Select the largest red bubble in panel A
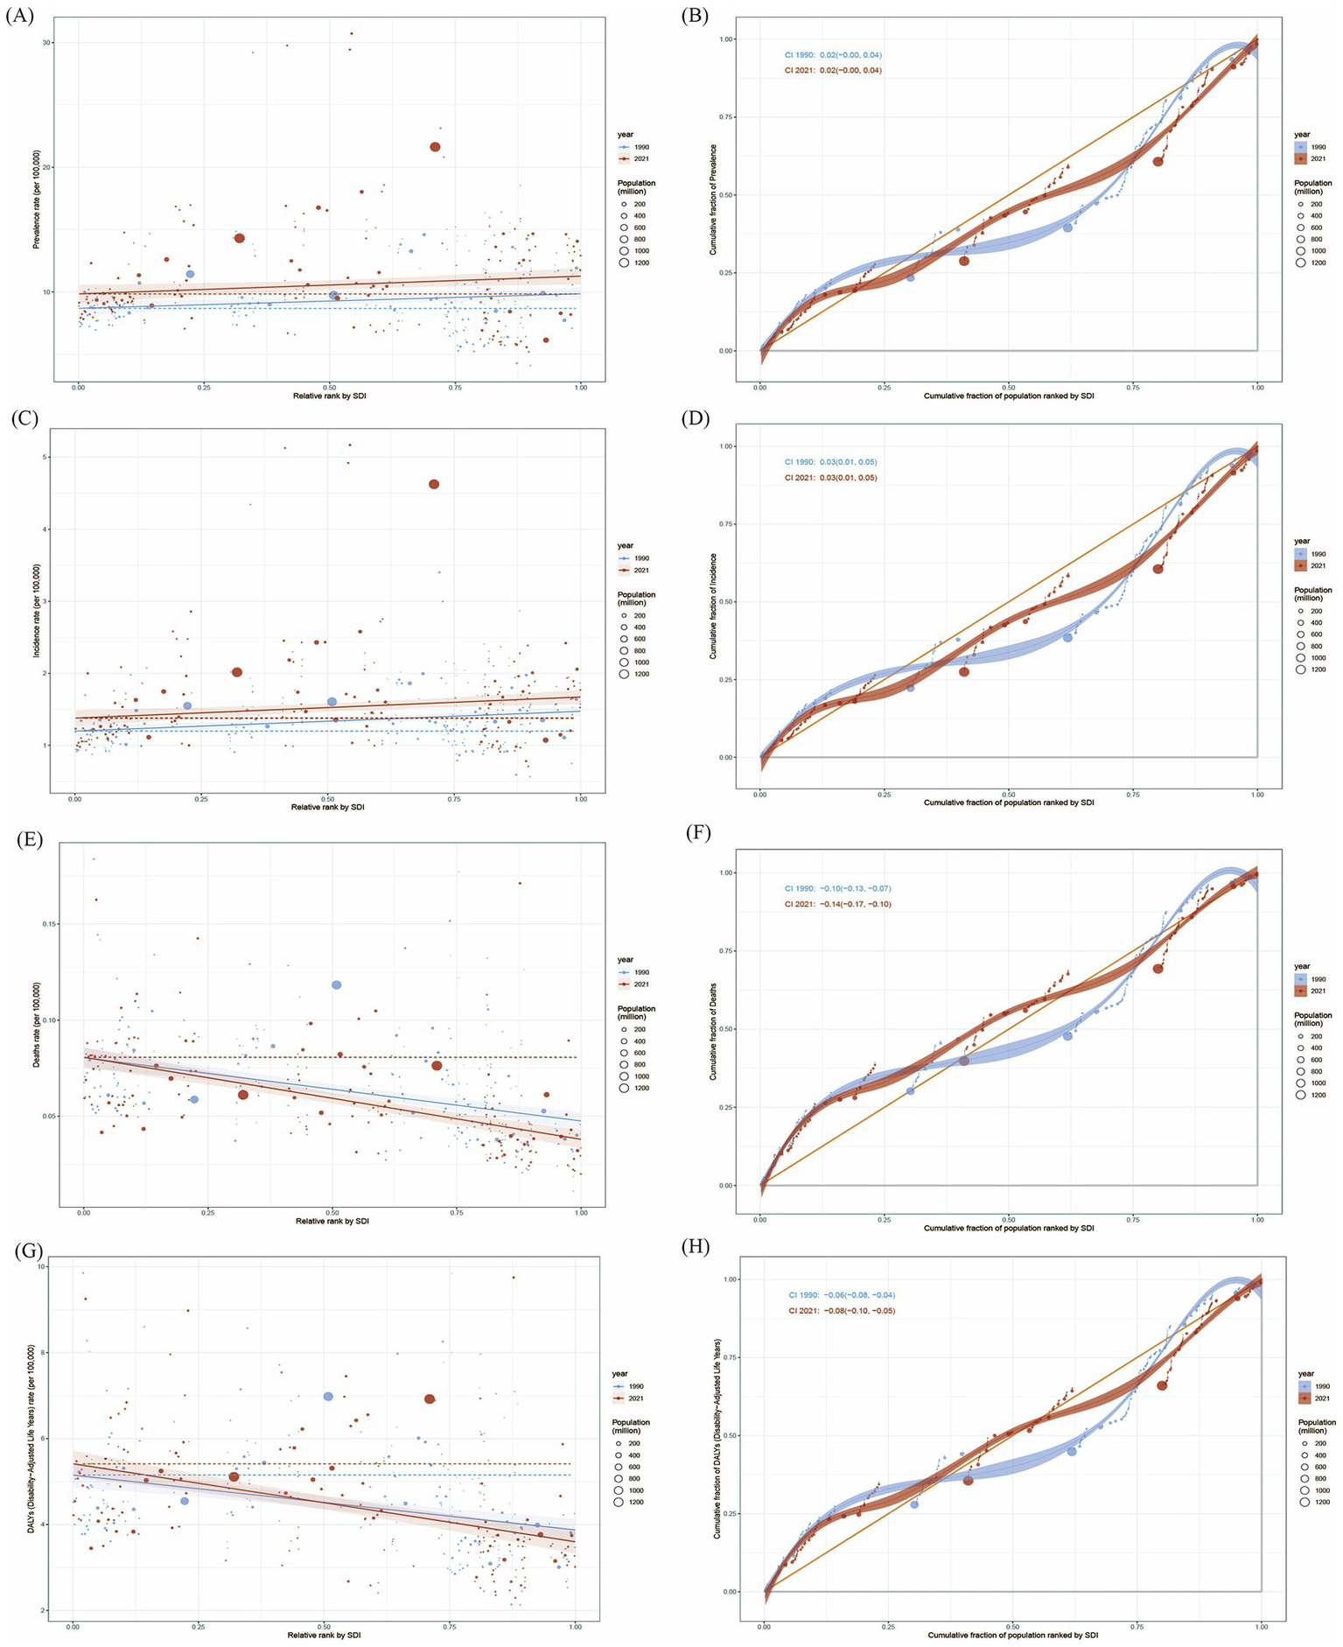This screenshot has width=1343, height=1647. tap(435, 147)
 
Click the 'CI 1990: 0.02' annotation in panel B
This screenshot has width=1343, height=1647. tap(831, 55)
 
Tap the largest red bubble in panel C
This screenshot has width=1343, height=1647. tap(433, 484)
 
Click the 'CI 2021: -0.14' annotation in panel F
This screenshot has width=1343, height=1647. tap(837, 904)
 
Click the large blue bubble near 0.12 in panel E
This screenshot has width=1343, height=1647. tap(336, 985)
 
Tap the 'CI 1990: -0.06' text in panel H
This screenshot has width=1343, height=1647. tap(841, 1294)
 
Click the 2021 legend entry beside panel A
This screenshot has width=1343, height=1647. tap(637, 159)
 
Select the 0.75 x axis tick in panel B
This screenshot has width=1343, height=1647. tap(1133, 386)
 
